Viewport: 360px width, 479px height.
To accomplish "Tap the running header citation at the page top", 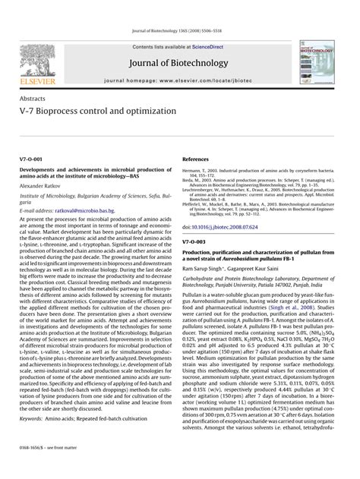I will point(179,30).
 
